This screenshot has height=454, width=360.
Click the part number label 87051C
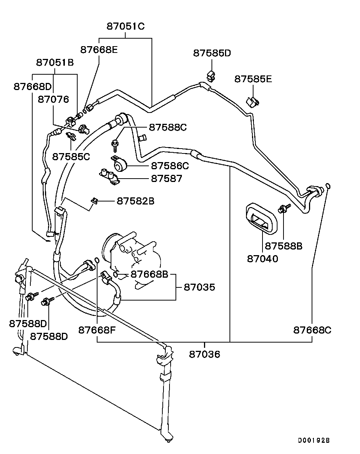point(126,26)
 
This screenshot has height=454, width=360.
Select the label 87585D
point(212,53)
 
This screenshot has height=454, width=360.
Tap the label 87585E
point(253,79)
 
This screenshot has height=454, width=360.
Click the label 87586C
point(170,165)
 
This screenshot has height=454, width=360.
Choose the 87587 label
point(166,179)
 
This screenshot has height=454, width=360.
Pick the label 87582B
point(135,201)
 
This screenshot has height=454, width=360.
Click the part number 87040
point(262,259)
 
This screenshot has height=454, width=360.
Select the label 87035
point(199,287)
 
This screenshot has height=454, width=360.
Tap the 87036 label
point(204,354)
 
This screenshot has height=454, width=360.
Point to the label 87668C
point(312,330)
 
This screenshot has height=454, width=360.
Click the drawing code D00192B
point(314,440)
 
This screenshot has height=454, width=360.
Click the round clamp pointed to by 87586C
point(121,164)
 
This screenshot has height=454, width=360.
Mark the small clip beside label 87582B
point(95,201)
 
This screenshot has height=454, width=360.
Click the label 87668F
point(97,330)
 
